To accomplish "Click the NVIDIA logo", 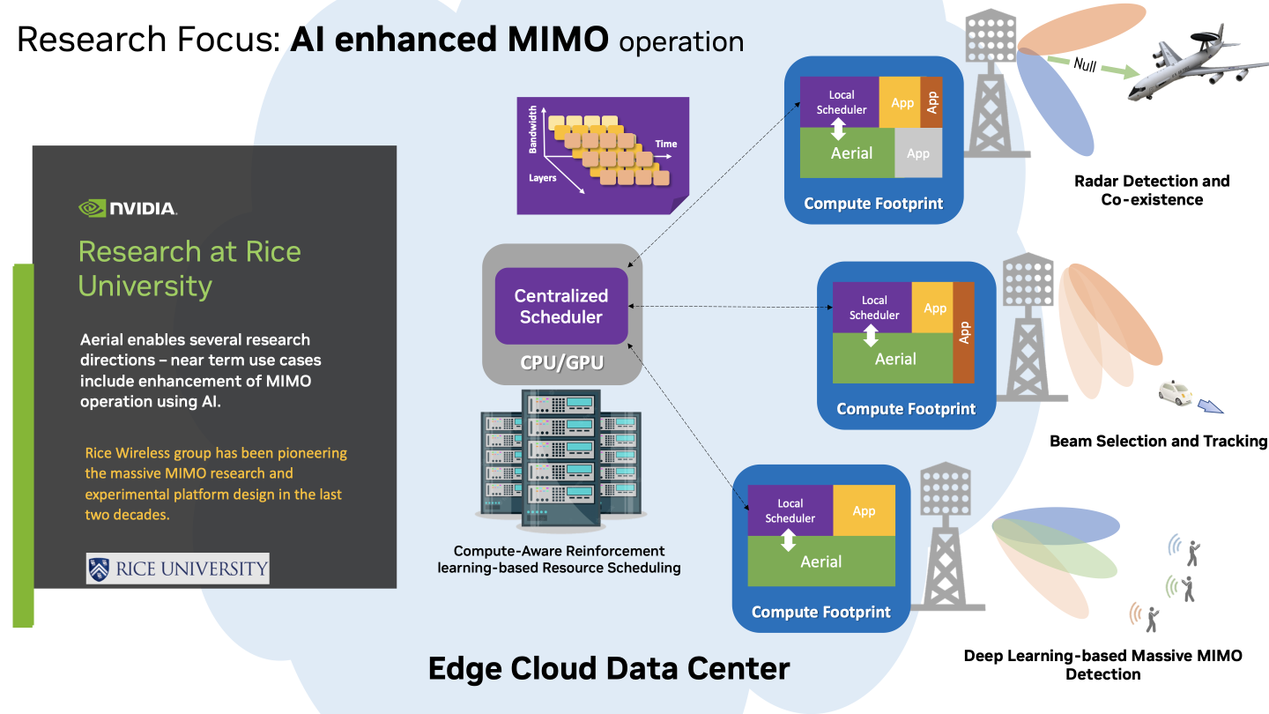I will pyautogui.click(x=128, y=209).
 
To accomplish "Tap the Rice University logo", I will pyautogui.click(x=177, y=569).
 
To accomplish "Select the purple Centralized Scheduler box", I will pyautogui.click(x=561, y=306).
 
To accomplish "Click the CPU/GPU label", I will pyautogui.click(x=561, y=361).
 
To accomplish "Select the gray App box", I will pyautogui.click(x=918, y=153).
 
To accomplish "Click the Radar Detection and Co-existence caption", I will pyautogui.click(x=1152, y=190).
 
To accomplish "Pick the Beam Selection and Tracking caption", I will pyautogui.click(x=1158, y=441).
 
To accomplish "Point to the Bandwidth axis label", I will pyautogui.click(x=532, y=130).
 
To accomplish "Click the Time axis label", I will pyautogui.click(x=666, y=144).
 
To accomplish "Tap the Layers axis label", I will pyautogui.click(x=542, y=177).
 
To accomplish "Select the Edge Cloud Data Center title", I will pyautogui.click(x=609, y=668).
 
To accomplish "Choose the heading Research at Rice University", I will pyautogui.click(x=189, y=268).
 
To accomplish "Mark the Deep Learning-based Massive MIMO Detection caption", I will pyautogui.click(x=1102, y=665).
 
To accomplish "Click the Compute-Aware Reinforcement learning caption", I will pyautogui.click(x=559, y=559).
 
